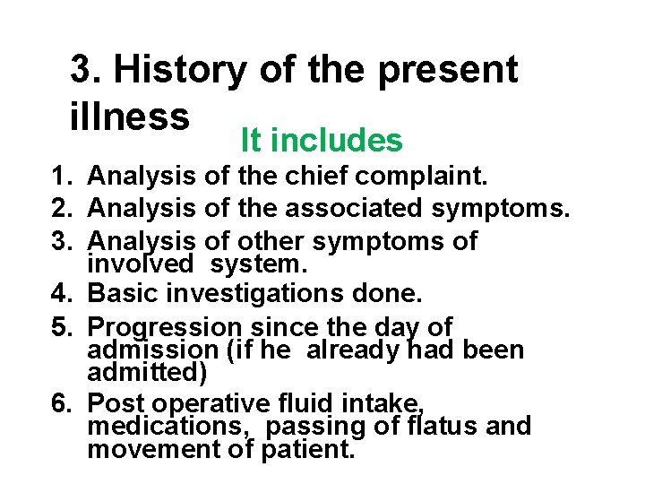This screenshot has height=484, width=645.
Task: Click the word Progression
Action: pos(166,327)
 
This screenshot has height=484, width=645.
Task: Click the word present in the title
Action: pos(448,70)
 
